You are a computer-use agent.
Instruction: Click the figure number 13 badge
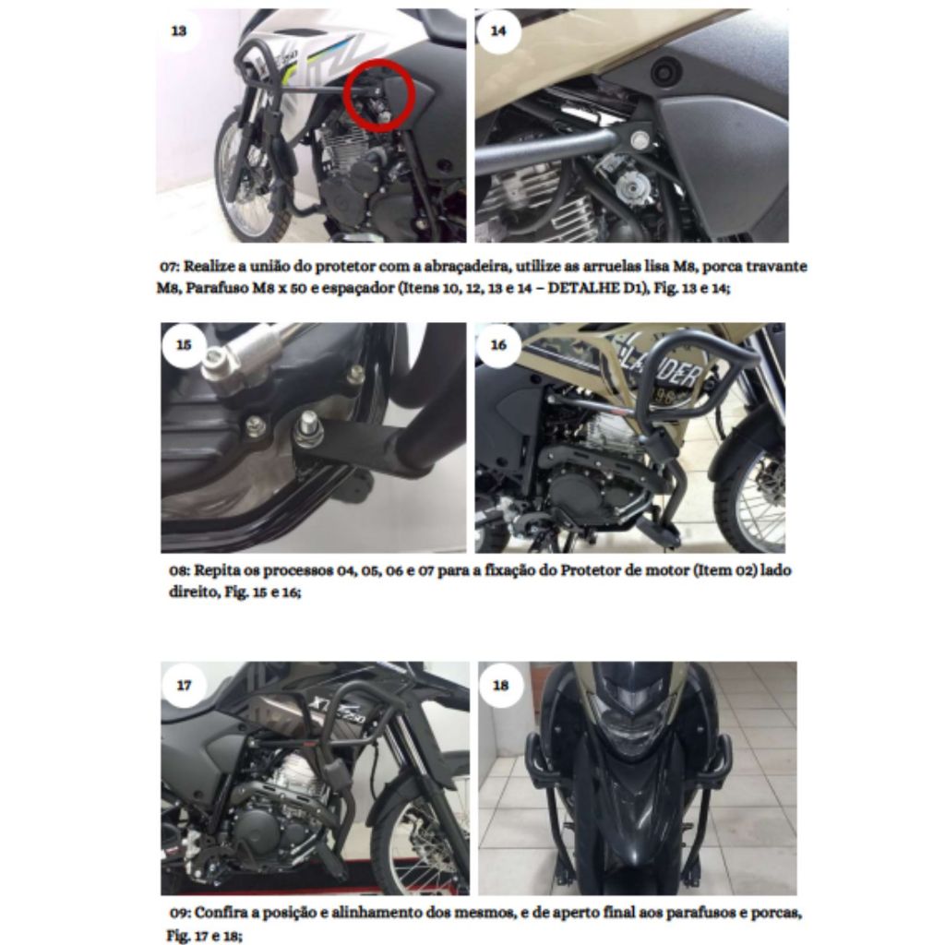click(x=179, y=30)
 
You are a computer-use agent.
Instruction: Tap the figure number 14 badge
click(x=498, y=30)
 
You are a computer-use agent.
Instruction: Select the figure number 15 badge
click(x=184, y=345)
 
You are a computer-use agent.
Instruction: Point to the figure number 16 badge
click(x=498, y=345)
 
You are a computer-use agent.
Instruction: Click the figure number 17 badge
click(x=184, y=686)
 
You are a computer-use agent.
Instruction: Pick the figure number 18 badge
click(x=500, y=686)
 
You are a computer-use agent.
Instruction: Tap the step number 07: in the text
click(x=170, y=267)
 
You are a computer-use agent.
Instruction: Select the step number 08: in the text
click(x=180, y=570)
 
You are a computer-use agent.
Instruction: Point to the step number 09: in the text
click(x=180, y=913)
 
